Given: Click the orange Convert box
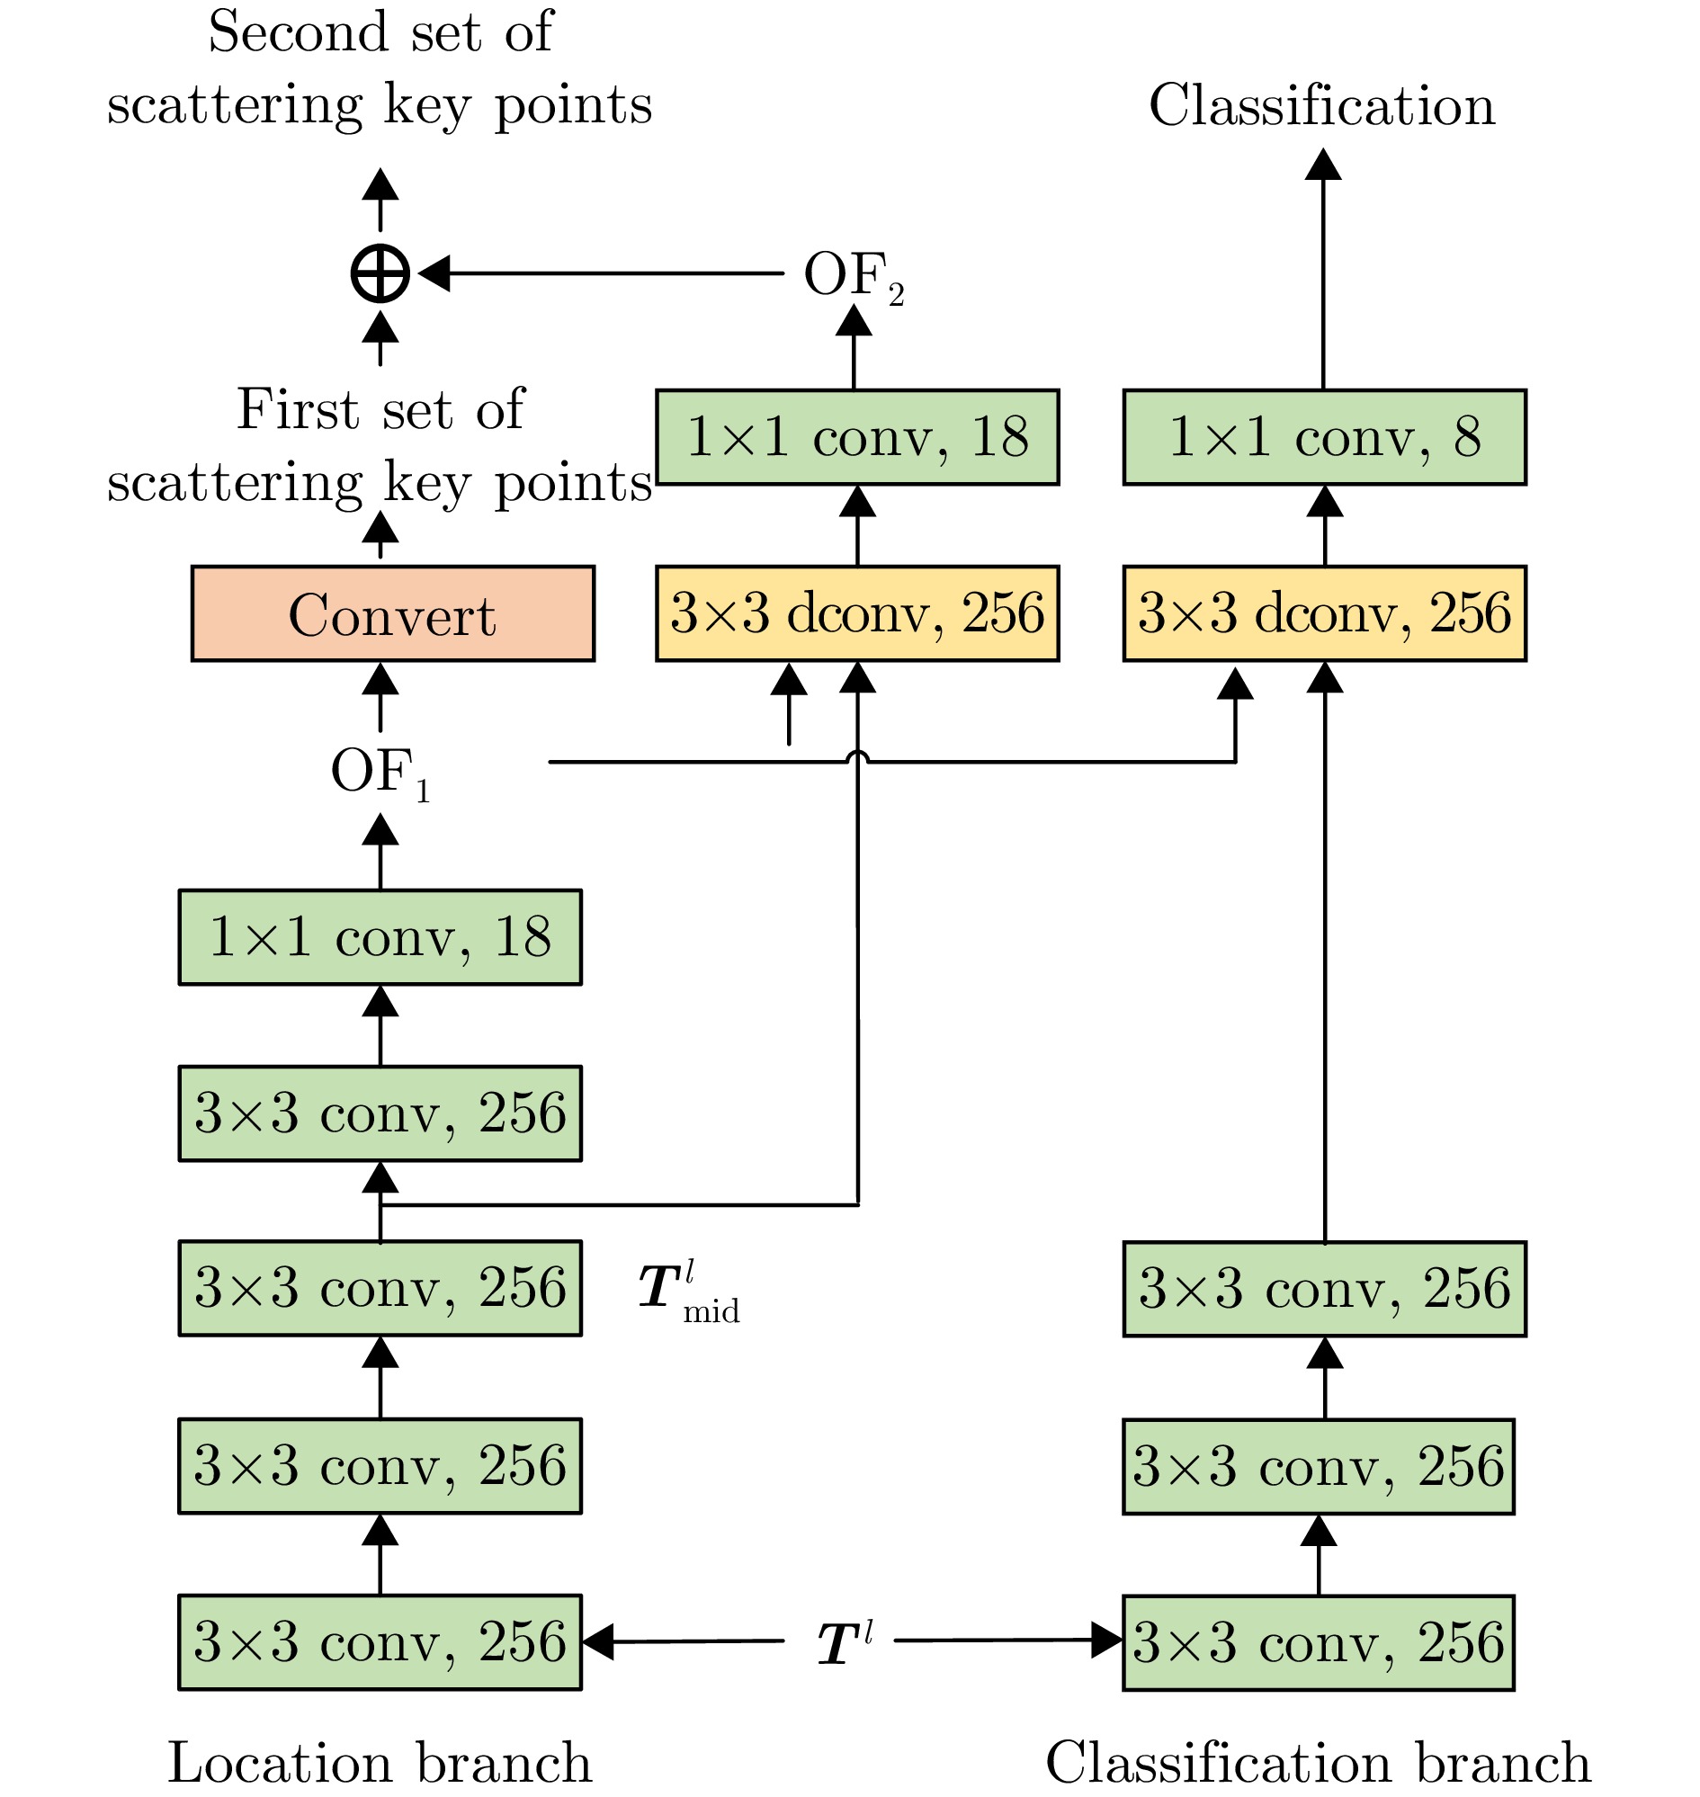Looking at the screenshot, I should click(392, 613).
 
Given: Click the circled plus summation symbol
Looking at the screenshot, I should click(380, 273).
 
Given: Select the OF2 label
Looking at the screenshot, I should click(853, 276).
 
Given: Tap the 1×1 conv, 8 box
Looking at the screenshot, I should click(1324, 437).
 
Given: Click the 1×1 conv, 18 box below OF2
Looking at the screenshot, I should click(856, 437).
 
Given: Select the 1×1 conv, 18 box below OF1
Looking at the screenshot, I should click(380, 936).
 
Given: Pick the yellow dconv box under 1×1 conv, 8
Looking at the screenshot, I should click(1324, 613).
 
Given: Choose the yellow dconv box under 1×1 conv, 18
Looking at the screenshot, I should click(856, 613).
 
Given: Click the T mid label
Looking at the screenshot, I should click(687, 1292).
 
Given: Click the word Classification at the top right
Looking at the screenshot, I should click(1322, 105).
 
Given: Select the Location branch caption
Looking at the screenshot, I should click(380, 1763).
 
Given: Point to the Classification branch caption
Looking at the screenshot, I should click(1318, 1763).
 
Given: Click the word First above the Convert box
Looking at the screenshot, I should click(297, 409).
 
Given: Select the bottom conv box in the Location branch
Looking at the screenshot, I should click(380, 1642).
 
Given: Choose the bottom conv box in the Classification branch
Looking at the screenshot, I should click(1318, 1642).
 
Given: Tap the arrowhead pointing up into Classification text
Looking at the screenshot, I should click(1323, 164).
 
